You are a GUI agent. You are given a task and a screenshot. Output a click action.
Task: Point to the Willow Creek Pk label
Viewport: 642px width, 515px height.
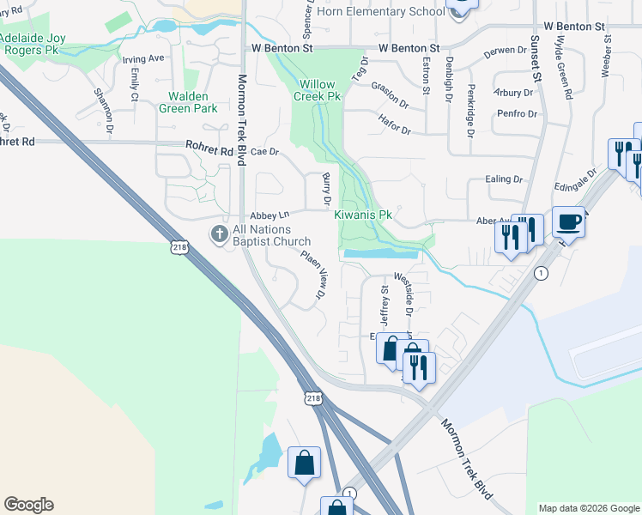tap(320, 90)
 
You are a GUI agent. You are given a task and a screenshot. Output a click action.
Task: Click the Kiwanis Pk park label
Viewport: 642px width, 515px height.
tap(363, 215)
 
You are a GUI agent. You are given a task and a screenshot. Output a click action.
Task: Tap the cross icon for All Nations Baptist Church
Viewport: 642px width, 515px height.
tap(220, 233)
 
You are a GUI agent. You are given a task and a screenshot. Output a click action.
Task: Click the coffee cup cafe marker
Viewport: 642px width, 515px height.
tap(568, 223)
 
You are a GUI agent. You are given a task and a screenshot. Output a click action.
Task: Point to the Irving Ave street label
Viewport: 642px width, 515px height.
tap(142, 59)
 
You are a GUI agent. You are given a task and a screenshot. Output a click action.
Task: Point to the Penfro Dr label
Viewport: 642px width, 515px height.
tap(516, 113)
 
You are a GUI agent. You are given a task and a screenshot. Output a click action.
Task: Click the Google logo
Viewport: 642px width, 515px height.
tap(28, 505)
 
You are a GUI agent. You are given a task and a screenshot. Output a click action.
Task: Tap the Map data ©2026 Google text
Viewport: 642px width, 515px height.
tap(588, 508)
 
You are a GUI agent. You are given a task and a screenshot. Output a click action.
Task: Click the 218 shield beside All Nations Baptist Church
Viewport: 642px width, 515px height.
tap(179, 247)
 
